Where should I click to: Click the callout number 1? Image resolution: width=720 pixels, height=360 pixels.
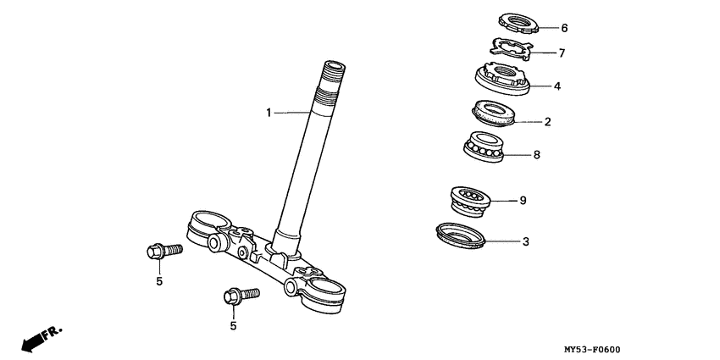(269, 112)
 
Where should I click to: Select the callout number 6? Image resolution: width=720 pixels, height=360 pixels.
(565, 27)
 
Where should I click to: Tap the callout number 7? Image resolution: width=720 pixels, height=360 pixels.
(561, 53)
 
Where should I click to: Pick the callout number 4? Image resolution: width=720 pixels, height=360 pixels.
(557, 86)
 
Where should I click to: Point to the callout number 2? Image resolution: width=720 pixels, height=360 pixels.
(548, 122)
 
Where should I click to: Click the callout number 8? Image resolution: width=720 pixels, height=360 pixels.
(537, 156)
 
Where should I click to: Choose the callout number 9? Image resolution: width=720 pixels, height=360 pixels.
(523, 201)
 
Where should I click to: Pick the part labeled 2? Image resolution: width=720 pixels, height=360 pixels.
(494, 114)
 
